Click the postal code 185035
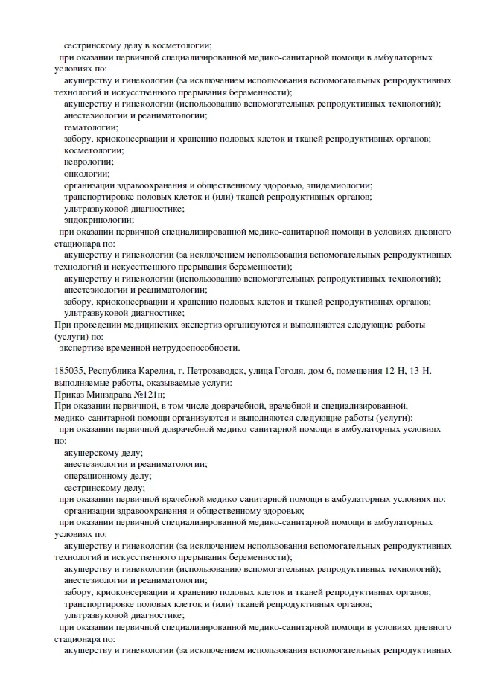71,370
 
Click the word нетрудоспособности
197,348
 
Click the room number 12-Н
403,370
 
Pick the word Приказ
70,394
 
